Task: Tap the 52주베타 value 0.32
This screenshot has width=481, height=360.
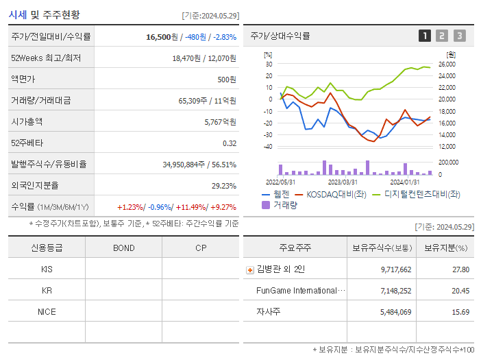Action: [229, 143]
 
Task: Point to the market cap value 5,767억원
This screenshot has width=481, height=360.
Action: [220, 122]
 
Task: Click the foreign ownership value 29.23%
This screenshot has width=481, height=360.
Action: [223, 186]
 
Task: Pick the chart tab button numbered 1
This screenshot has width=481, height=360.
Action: [425, 36]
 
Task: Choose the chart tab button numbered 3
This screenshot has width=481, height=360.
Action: [459, 36]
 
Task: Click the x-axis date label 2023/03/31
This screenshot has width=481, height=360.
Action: [343, 182]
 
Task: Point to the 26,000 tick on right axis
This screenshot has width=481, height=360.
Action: [447, 64]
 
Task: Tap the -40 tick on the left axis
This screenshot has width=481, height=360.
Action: [268, 146]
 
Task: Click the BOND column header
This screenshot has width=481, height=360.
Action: [123, 248]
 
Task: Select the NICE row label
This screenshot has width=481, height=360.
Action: [47, 311]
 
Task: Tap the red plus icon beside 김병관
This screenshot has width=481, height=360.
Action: [250, 269]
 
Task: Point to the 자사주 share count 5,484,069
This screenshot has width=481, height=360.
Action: [395, 312]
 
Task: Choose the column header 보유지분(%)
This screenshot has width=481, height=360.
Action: [445, 248]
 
